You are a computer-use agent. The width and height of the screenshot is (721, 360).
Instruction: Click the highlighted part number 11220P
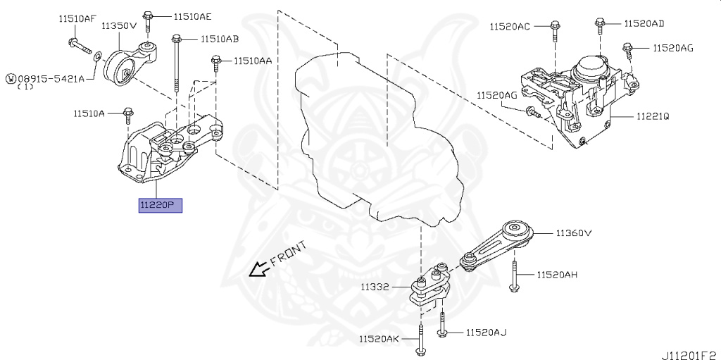(x=161, y=206)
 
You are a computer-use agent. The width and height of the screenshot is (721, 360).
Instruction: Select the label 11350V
(x=118, y=25)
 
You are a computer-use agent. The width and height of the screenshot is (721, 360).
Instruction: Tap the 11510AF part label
(x=77, y=19)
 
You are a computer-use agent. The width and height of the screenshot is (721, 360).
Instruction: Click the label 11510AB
(x=219, y=39)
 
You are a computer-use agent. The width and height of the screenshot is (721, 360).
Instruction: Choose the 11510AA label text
(x=253, y=61)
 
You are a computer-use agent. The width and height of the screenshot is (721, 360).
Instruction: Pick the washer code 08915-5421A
(x=49, y=79)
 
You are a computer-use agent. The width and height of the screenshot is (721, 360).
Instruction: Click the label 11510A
(x=89, y=113)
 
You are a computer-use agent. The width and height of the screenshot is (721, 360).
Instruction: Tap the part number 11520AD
(x=644, y=23)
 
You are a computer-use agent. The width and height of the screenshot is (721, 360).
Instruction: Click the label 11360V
(x=573, y=232)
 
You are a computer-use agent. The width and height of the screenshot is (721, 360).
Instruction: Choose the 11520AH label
(x=557, y=274)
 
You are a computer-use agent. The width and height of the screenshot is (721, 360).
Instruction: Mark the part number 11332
(x=375, y=287)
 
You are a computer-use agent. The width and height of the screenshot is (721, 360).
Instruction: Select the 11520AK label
(x=379, y=339)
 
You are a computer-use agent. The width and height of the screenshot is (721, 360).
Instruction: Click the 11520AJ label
(x=486, y=332)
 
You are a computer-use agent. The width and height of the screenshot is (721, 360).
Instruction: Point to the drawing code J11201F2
(x=688, y=353)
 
